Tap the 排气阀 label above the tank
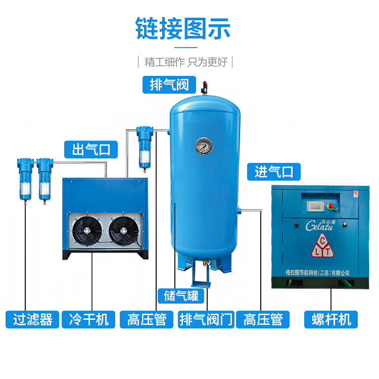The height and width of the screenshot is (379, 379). [x=169, y=84]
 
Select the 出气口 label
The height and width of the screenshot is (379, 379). [x=91, y=149]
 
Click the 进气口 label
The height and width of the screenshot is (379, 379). [x=273, y=172]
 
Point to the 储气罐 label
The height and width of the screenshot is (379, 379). [x=181, y=296]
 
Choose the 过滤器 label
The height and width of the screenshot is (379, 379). [x=32, y=319]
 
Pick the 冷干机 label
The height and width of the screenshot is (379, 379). [x=88, y=319]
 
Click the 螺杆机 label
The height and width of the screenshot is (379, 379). [x=331, y=319]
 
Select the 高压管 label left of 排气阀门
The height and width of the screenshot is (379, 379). [x=147, y=319]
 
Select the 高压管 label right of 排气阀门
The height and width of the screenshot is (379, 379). [x=263, y=319]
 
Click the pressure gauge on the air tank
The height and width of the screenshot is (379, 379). [x=204, y=146]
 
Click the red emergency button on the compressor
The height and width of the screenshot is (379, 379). [x=331, y=206]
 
